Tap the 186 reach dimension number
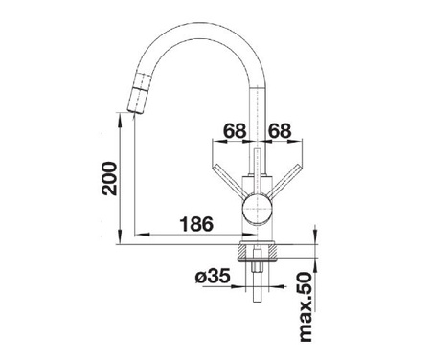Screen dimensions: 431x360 (196, 224)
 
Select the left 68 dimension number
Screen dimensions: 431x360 (235, 131)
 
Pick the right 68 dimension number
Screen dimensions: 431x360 (280, 131)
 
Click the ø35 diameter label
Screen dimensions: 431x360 (213, 276)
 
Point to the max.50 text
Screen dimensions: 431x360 (306, 307)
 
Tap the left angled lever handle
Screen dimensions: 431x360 (229, 180)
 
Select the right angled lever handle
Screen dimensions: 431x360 (284, 180)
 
